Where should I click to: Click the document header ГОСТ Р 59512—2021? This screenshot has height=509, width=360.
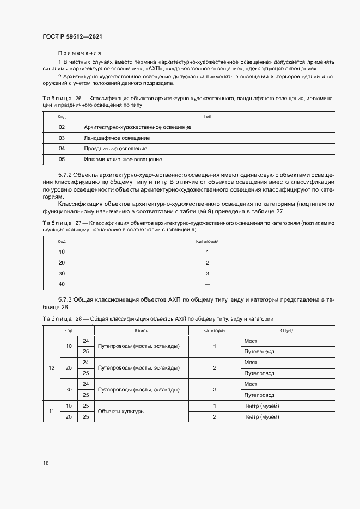coord(72,36)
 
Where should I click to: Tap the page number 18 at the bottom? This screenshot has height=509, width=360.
coord(46,463)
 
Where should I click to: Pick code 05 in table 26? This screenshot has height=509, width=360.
coord(62,160)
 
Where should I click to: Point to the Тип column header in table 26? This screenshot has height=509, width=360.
coord(207,116)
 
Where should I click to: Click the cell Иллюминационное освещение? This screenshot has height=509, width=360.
coord(123,160)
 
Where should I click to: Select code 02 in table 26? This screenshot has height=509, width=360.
coord(62,127)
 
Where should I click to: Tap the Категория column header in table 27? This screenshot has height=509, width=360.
coord(207,241)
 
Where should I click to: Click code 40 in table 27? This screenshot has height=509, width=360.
coord(62,284)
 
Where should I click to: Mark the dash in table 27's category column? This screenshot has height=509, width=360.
coord(207,284)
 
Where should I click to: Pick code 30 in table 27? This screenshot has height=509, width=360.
coord(62,273)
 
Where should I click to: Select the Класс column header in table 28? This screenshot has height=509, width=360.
coord(142,330)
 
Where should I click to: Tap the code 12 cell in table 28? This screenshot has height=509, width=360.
coord(51,368)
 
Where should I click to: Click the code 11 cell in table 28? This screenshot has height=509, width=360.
coord(51,411)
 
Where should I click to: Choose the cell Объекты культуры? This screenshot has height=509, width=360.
coord(121,411)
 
